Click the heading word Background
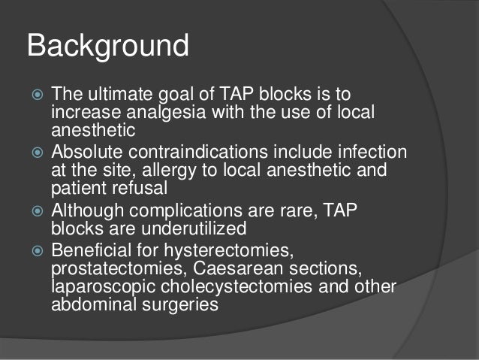tap(107, 47)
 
